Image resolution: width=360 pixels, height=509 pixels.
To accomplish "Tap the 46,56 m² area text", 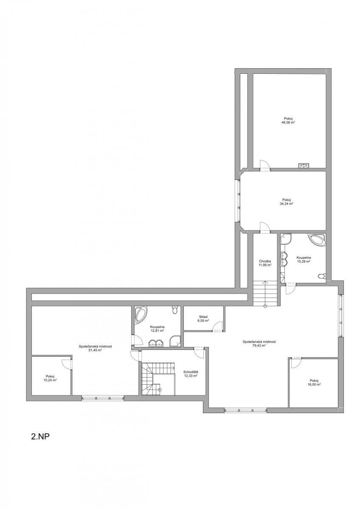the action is click(288, 122).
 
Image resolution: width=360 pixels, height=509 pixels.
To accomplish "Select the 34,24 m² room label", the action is click(286, 204).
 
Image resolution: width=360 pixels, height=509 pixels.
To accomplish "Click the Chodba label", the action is click(265, 261).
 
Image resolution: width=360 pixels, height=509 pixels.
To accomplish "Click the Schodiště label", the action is click(191, 372).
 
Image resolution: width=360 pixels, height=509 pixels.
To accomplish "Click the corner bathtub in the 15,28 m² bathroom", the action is click(317, 240).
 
